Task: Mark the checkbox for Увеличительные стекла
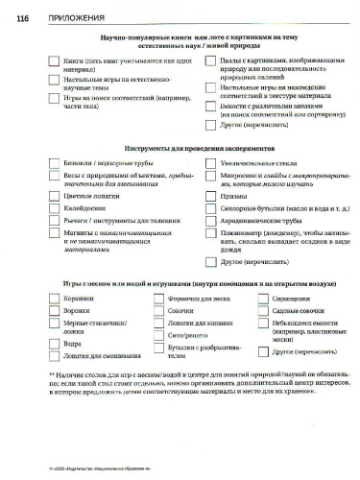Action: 199,164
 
